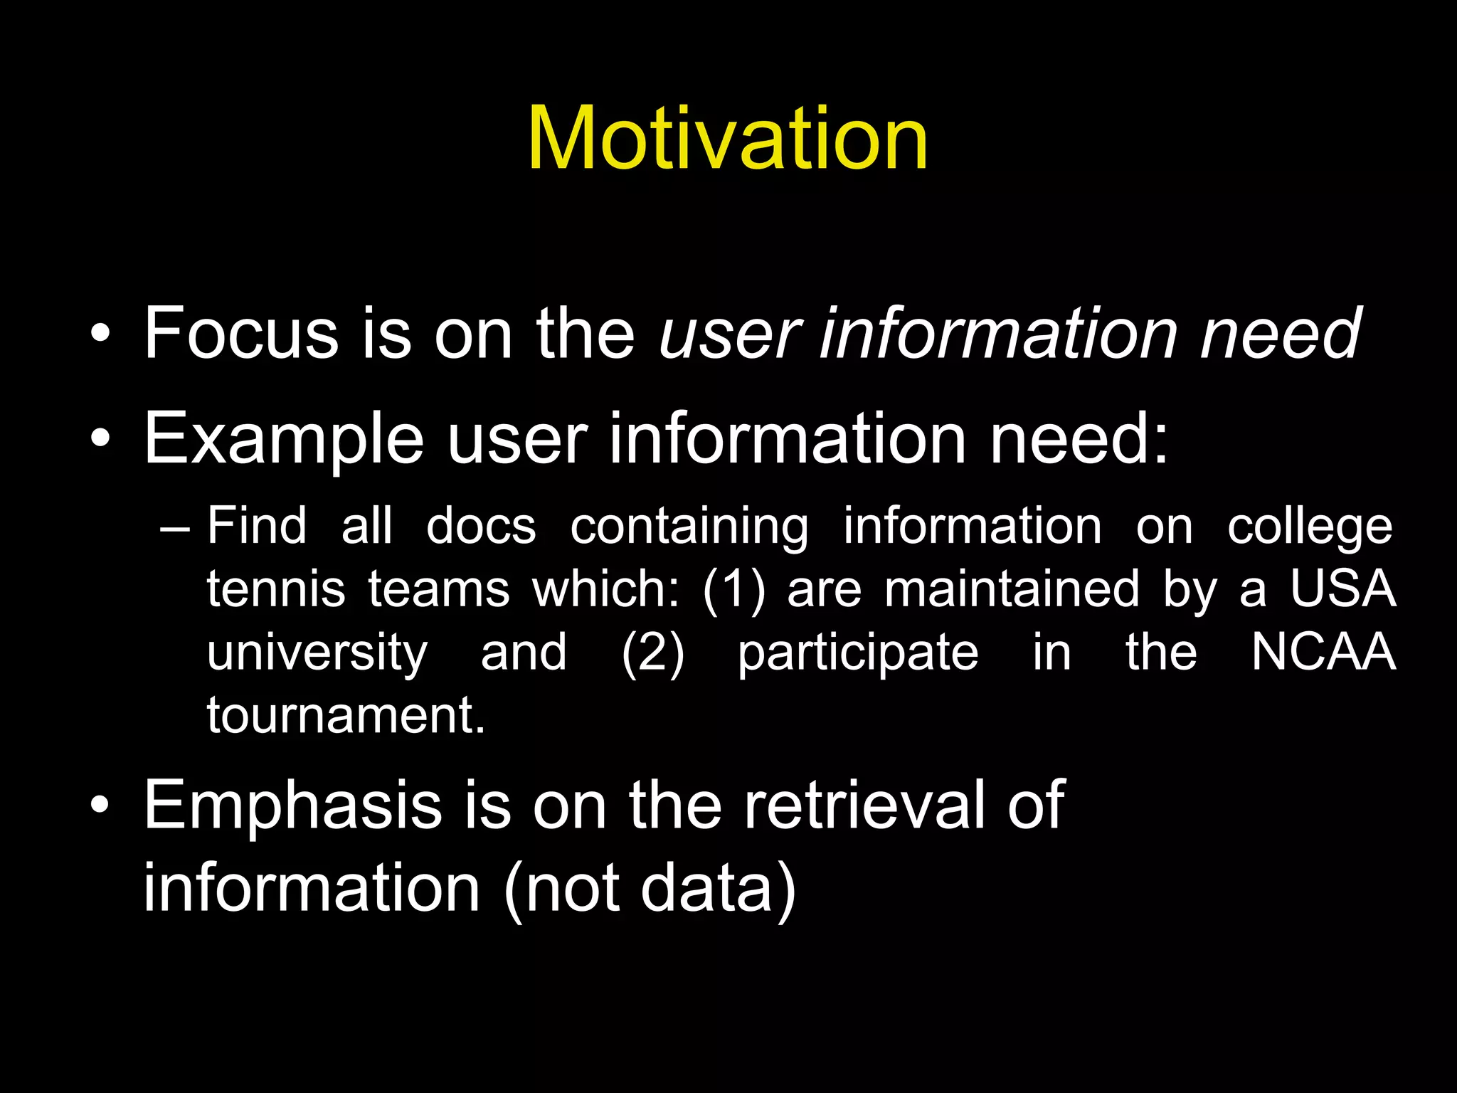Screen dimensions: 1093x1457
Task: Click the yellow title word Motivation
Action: click(728, 138)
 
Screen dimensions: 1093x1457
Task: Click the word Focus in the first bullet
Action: click(241, 332)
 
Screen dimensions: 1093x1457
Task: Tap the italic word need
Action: click(1281, 332)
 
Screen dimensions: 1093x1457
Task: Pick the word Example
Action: click(284, 439)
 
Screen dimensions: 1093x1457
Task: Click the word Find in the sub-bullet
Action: click(257, 526)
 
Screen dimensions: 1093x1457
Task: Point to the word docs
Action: click(481, 527)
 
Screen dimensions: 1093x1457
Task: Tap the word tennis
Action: click(276, 590)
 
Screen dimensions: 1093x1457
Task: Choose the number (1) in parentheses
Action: click(733, 590)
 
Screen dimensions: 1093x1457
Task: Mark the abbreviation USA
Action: click(1343, 588)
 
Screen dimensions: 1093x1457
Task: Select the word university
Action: click(317, 653)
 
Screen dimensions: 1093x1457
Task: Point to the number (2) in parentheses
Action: click(652, 653)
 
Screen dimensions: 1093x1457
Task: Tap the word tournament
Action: click(346, 714)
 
